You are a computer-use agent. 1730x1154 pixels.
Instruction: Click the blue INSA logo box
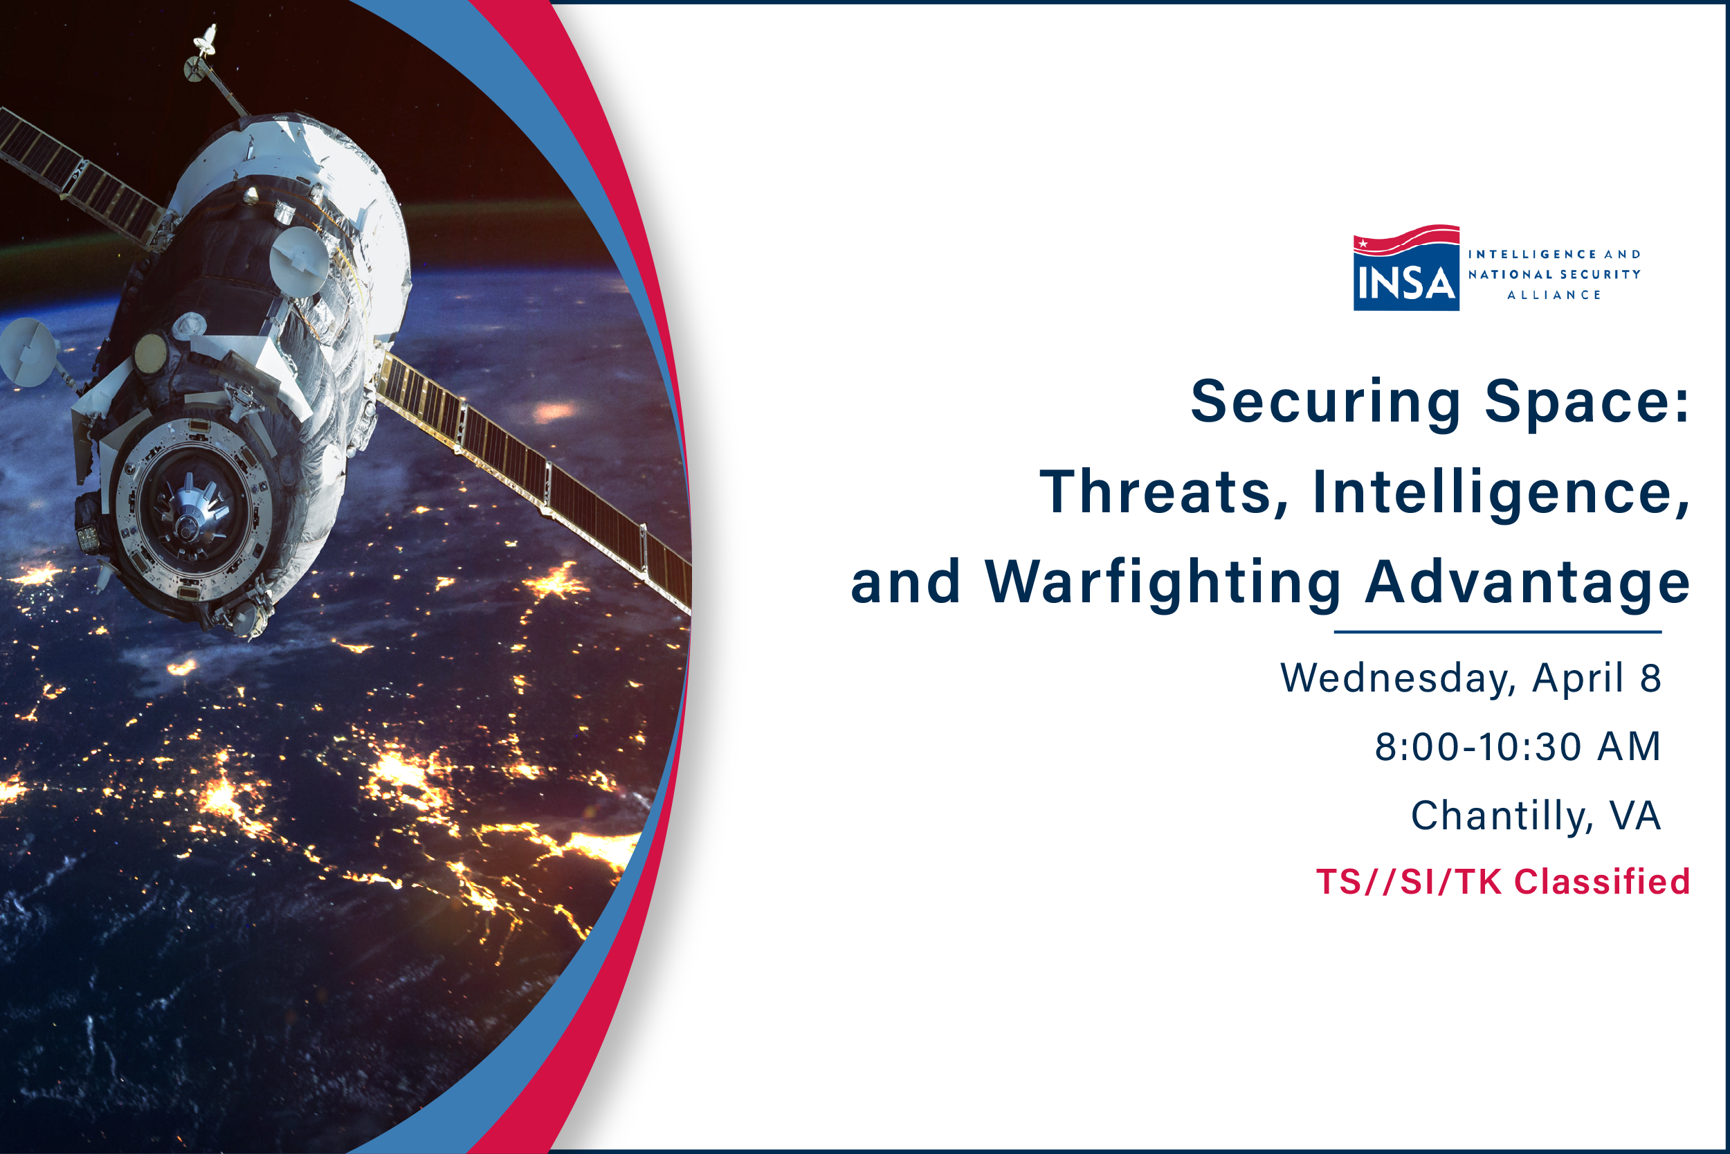[x=1405, y=280]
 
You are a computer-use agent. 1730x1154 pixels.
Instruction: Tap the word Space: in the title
[x=1587, y=402]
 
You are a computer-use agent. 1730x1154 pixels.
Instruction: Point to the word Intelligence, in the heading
[x=1500, y=492]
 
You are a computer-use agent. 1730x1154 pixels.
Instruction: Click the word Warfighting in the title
[x=1163, y=584]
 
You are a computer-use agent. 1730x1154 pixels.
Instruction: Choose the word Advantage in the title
[x=1527, y=584]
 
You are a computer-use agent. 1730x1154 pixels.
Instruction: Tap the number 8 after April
[x=1650, y=678]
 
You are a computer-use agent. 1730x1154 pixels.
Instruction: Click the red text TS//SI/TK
[x=1409, y=882]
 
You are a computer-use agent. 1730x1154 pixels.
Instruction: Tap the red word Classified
[x=1602, y=882]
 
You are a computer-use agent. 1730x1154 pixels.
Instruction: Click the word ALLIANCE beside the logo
[x=1554, y=295]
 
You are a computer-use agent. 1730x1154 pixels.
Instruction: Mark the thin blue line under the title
[x=1497, y=631]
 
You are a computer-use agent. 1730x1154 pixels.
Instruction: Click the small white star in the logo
[x=1363, y=243]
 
